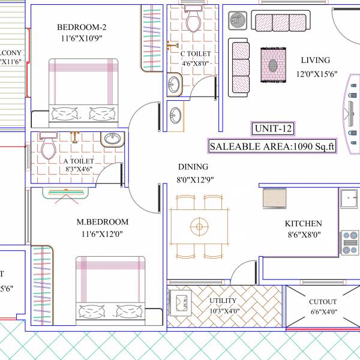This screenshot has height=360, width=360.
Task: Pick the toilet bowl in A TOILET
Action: coord(48,148)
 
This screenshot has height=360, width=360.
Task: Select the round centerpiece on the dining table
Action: coord(199,226)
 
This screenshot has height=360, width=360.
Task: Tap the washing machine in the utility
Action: coord(181,301)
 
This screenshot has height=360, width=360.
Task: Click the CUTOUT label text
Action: coord(322,302)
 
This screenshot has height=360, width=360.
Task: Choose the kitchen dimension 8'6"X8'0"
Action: coord(303,235)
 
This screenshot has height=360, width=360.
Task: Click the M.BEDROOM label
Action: coord(102,222)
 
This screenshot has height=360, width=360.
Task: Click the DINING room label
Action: coord(193,167)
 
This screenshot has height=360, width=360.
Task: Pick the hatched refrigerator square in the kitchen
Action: coord(278,197)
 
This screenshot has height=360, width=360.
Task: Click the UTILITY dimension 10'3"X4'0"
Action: coord(223,311)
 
